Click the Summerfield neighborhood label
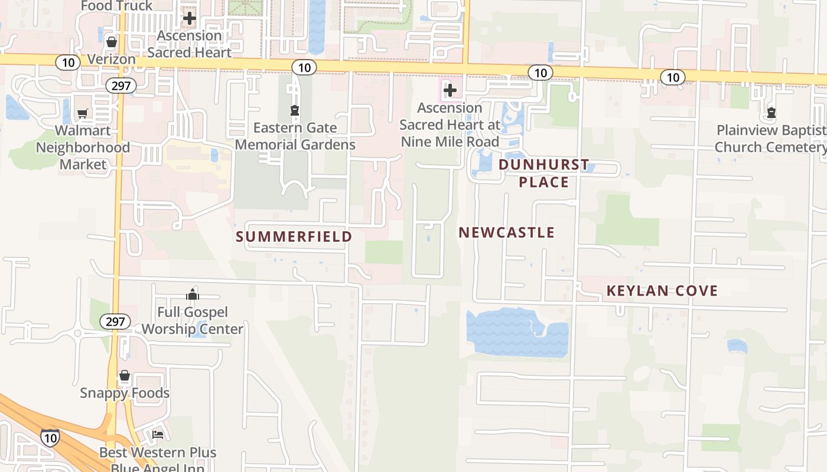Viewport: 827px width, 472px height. pos(294,237)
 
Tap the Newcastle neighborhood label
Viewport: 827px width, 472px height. pos(507,232)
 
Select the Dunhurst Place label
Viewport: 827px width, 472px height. pos(544,173)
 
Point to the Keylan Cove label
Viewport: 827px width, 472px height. pos(662,290)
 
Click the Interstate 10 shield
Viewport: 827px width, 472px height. pos(50,438)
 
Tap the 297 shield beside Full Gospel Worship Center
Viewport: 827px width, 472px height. pos(115,322)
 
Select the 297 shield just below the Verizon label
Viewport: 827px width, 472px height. pos(121,86)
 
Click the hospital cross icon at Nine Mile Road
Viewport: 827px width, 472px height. pos(450,90)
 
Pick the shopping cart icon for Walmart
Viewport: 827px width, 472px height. pos(83,113)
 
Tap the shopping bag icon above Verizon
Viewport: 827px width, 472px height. pos(111,42)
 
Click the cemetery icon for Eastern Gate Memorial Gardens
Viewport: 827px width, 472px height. pos(294,110)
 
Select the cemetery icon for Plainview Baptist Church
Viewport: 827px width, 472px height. pos(771,113)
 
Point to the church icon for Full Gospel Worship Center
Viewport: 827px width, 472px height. pos(193,294)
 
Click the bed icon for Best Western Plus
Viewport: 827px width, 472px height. pos(158,435)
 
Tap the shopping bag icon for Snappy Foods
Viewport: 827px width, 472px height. pos(125,376)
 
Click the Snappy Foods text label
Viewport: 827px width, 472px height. pos(125,393)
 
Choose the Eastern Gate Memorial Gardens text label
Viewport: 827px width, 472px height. pos(295,136)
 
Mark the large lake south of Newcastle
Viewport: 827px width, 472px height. pos(517,333)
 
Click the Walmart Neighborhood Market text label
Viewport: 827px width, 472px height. pos(83,147)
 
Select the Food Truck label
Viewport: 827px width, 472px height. pos(116,6)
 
